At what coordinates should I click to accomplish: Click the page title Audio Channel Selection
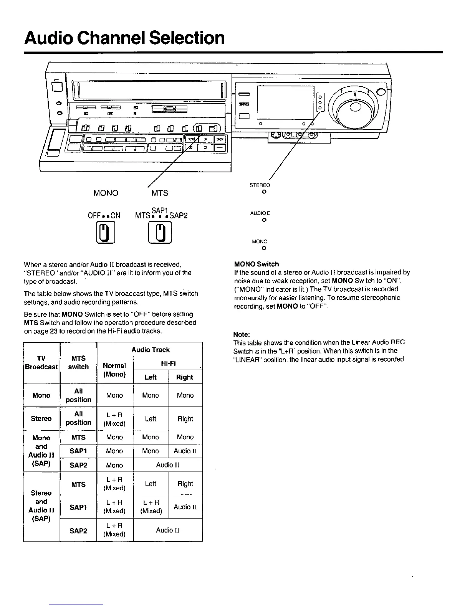(x=124, y=38)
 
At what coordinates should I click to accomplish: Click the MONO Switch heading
(x=257, y=264)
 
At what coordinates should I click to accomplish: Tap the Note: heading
(x=242, y=334)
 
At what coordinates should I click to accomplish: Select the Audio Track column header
(x=150, y=350)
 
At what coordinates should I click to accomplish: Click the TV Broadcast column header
(x=41, y=363)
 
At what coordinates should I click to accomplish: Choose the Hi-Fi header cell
(x=168, y=363)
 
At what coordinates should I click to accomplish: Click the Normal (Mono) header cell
(x=114, y=370)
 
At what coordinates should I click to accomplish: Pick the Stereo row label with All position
(x=41, y=418)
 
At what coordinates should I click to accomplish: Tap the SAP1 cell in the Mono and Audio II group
(x=78, y=451)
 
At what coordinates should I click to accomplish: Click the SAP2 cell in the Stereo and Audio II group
(x=78, y=530)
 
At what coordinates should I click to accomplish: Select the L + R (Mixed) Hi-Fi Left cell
(x=151, y=507)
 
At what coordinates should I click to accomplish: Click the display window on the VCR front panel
(x=286, y=102)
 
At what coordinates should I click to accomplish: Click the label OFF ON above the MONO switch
(x=104, y=215)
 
